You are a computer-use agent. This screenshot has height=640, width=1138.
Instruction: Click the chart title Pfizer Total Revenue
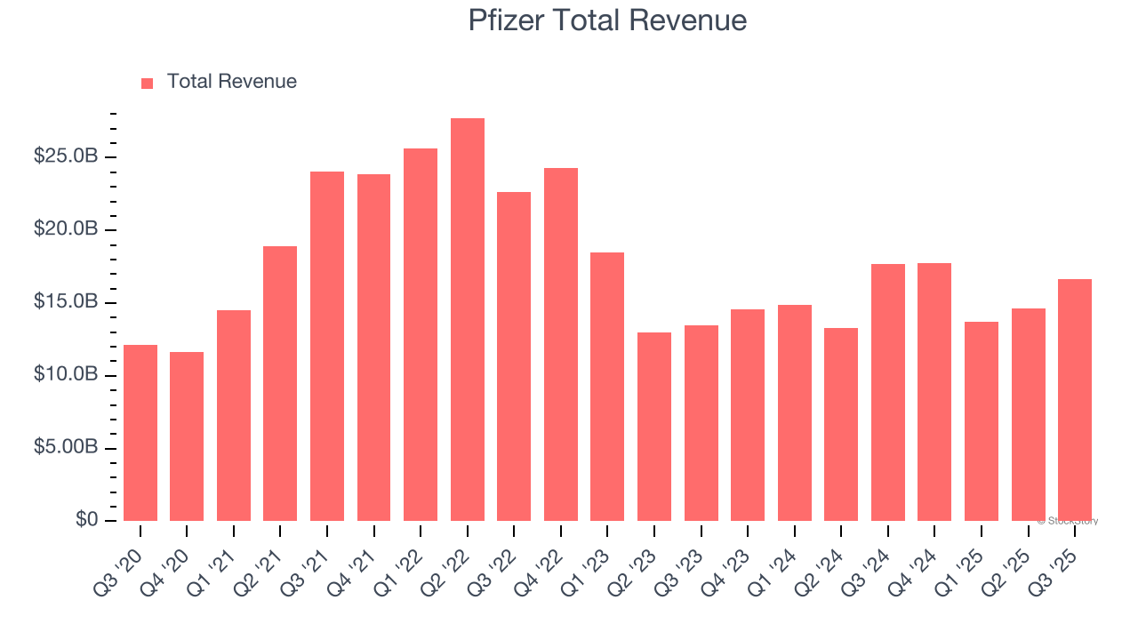(607, 20)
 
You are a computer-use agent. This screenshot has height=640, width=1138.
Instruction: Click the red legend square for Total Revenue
(147, 83)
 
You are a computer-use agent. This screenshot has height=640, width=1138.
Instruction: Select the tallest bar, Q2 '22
(467, 319)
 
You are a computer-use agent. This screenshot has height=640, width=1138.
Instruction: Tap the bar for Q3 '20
(140, 433)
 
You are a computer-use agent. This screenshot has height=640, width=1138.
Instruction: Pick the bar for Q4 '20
(187, 436)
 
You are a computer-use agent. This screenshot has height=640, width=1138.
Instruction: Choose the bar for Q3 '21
(327, 346)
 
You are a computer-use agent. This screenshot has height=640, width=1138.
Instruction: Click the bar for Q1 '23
(607, 387)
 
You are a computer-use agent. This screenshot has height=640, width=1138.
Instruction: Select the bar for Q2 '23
(654, 427)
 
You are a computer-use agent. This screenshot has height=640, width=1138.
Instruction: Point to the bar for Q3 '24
(888, 392)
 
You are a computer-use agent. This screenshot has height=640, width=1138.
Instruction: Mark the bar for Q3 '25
(1075, 400)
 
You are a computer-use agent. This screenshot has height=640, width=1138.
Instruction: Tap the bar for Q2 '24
(841, 424)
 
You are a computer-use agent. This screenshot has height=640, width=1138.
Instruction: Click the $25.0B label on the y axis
(66, 156)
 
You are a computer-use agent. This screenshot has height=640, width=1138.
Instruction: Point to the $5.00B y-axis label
(66, 447)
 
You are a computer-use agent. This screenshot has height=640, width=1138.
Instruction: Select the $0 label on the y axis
(87, 520)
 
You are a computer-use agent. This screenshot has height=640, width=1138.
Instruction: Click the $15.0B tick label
(66, 302)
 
